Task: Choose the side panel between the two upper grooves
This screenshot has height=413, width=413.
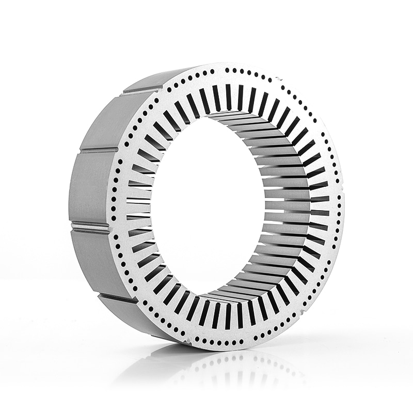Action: click(101, 121)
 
